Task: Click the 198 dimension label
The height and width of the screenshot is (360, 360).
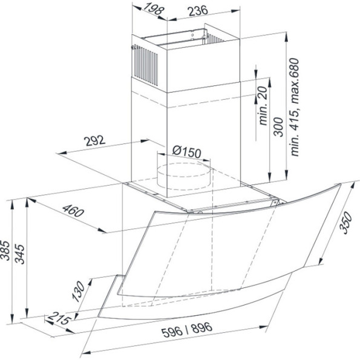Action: (x=154, y=8)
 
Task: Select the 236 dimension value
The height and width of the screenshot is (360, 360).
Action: (x=197, y=11)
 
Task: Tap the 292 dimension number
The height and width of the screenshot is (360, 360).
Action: (x=94, y=140)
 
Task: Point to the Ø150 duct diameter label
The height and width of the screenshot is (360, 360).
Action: (x=187, y=151)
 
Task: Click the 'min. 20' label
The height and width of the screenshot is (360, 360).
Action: (x=263, y=106)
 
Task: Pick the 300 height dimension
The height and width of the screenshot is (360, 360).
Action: (x=279, y=127)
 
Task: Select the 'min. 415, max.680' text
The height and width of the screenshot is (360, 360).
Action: (x=295, y=107)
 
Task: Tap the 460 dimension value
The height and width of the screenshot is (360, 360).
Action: (x=73, y=211)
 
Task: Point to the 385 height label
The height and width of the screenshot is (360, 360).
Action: (x=5, y=250)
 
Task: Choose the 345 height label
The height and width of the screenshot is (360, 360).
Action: (x=19, y=254)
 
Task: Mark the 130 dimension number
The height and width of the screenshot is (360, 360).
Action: (x=78, y=292)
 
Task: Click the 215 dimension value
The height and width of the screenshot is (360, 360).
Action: (x=59, y=318)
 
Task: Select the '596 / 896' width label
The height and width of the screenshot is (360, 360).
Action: (x=187, y=329)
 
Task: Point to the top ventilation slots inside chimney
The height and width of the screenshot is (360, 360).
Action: (x=215, y=39)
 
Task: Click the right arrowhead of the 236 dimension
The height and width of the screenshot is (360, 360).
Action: (x=236, y=11)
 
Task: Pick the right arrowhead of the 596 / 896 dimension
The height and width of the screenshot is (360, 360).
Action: (x=263, y=327)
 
